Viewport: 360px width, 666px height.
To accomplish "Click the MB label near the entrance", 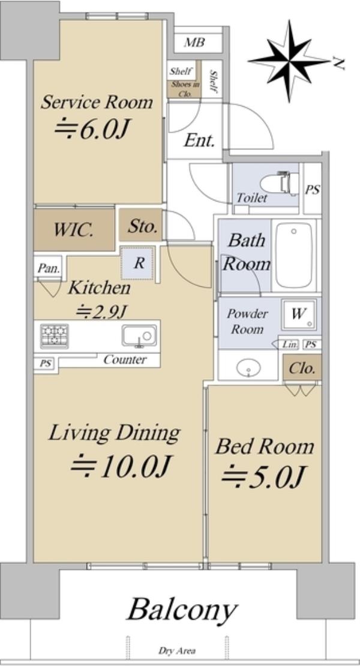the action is pos(194,43).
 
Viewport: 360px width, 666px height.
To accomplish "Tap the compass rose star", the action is pos(290,61).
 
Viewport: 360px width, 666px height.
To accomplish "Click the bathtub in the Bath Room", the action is pos(294,255).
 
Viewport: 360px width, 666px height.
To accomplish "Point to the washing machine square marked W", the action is pos(299,315).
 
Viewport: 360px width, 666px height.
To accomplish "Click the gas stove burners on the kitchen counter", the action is pos(54,335).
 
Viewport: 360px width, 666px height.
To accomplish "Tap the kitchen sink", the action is pos(139,335).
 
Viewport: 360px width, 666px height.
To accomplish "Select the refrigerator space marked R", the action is pos(139,263).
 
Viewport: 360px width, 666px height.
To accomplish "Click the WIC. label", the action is pos(73,230).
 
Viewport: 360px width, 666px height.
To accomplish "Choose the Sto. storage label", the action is pos(143,226).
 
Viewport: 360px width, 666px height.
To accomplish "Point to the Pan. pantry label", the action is pos(49,268).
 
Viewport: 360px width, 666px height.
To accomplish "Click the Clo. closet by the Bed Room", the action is pos(302,368).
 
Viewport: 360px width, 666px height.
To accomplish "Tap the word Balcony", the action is pos(182,610).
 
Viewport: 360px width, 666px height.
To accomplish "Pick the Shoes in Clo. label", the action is pos(184,89).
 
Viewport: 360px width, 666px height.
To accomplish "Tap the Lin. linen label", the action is pos(291,344).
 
